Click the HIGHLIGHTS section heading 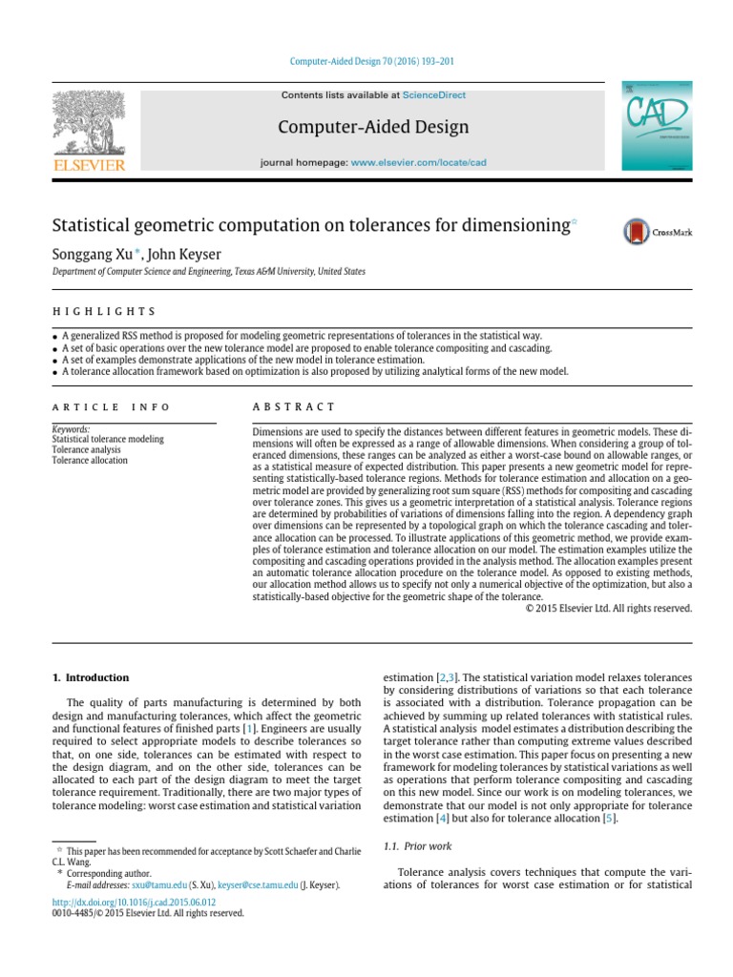pyautogui.click(x=102, y=312)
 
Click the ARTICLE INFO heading pyautogui.click(x=111, y=406)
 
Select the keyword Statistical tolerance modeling pyautogui.click(x=108, y=440)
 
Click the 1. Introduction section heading pyautogui.click(x=90, y=677)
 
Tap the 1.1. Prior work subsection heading pyautogui.click(x=417, y=846)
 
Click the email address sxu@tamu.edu pyautogui.click(x=158, y=885)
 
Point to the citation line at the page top pyautogui.click(x=371, y=63)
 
